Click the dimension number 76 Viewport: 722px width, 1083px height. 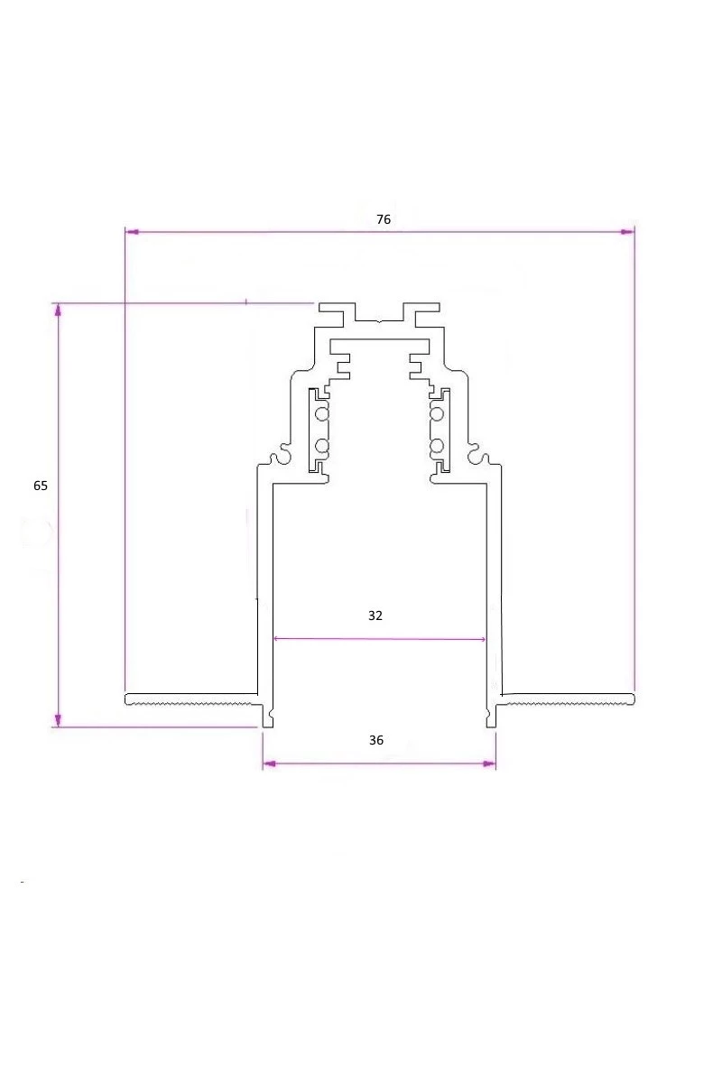click(x=384, y=219)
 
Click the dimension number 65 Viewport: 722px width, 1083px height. click(x=41, y=486)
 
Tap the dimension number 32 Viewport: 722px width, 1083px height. click(x=375, y=616)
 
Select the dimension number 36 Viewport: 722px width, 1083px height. click(x=376, y=740)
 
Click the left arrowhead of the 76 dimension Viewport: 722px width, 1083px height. click(x=132, y=232)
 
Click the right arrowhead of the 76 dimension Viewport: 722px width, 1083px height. click(x=627, y=232)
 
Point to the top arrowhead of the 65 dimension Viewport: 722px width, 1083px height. click(x=58, y=310)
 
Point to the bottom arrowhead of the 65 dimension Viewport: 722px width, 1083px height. click(x=58, y=720)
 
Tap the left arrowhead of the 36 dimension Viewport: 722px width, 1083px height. click(x=269, y=764)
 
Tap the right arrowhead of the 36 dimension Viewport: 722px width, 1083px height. click(x=489, y=764)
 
